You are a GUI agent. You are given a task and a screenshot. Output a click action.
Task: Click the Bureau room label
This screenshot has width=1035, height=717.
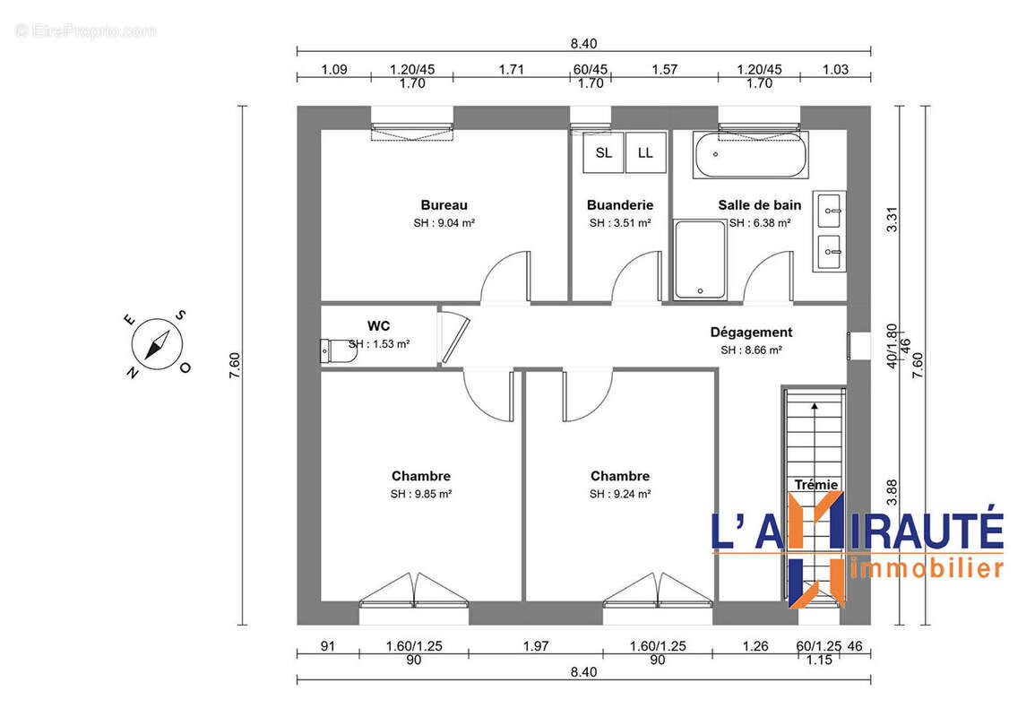point(444,205)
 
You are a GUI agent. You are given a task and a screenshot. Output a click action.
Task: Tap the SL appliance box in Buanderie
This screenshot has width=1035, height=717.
point(603,152)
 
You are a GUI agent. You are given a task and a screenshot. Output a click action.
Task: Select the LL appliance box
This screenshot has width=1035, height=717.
point(645,152)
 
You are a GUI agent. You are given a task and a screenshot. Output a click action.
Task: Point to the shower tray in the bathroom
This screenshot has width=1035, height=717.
point(699,259)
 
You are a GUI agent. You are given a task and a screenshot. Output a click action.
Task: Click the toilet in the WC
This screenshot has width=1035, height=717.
point(337,350)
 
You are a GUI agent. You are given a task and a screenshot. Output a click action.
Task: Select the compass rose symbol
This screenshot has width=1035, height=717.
point(158,344)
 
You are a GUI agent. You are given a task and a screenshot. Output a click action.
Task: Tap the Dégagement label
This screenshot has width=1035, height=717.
point(751,333)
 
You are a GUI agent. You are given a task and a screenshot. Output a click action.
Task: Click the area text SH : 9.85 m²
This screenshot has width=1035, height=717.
point(420,494)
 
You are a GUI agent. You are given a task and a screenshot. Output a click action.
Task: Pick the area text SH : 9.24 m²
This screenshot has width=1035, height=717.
point(619,494)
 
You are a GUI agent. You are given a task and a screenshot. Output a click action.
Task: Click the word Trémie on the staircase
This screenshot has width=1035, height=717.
point(815,485)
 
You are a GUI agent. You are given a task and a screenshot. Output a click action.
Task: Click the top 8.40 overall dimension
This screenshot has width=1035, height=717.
point(583,43)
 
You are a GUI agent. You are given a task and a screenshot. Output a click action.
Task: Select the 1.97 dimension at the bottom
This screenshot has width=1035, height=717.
point(535,645)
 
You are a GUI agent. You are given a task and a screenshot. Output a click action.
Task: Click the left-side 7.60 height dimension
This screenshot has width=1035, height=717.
point(235,366)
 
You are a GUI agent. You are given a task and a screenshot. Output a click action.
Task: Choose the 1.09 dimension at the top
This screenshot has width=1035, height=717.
point(333,70)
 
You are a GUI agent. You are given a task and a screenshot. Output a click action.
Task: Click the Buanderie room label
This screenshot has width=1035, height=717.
point(619,205)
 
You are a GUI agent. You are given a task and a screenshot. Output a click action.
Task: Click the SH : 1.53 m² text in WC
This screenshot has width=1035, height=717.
point(380,343)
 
